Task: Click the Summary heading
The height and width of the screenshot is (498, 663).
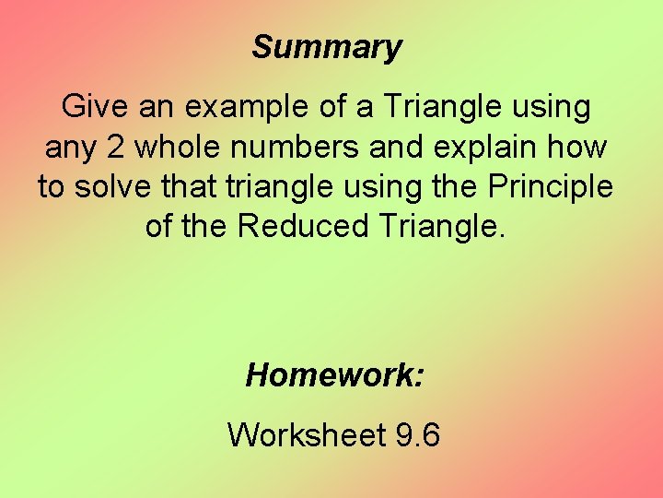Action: pyautogui.click(x=327, y=47)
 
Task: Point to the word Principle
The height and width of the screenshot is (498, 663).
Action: pyautogui.click(x=550, y=187)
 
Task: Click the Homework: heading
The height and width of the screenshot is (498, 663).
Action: pyautogui.click(x=335, y=375)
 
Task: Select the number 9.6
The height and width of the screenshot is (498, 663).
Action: pyautogui.click(x=417, y=433)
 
